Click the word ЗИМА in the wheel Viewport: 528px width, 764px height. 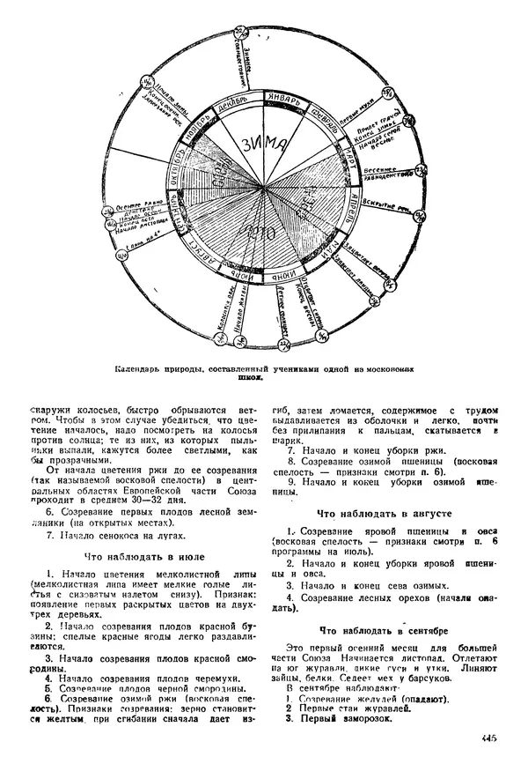(265, 144)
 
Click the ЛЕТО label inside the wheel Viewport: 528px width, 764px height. (260, 234)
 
